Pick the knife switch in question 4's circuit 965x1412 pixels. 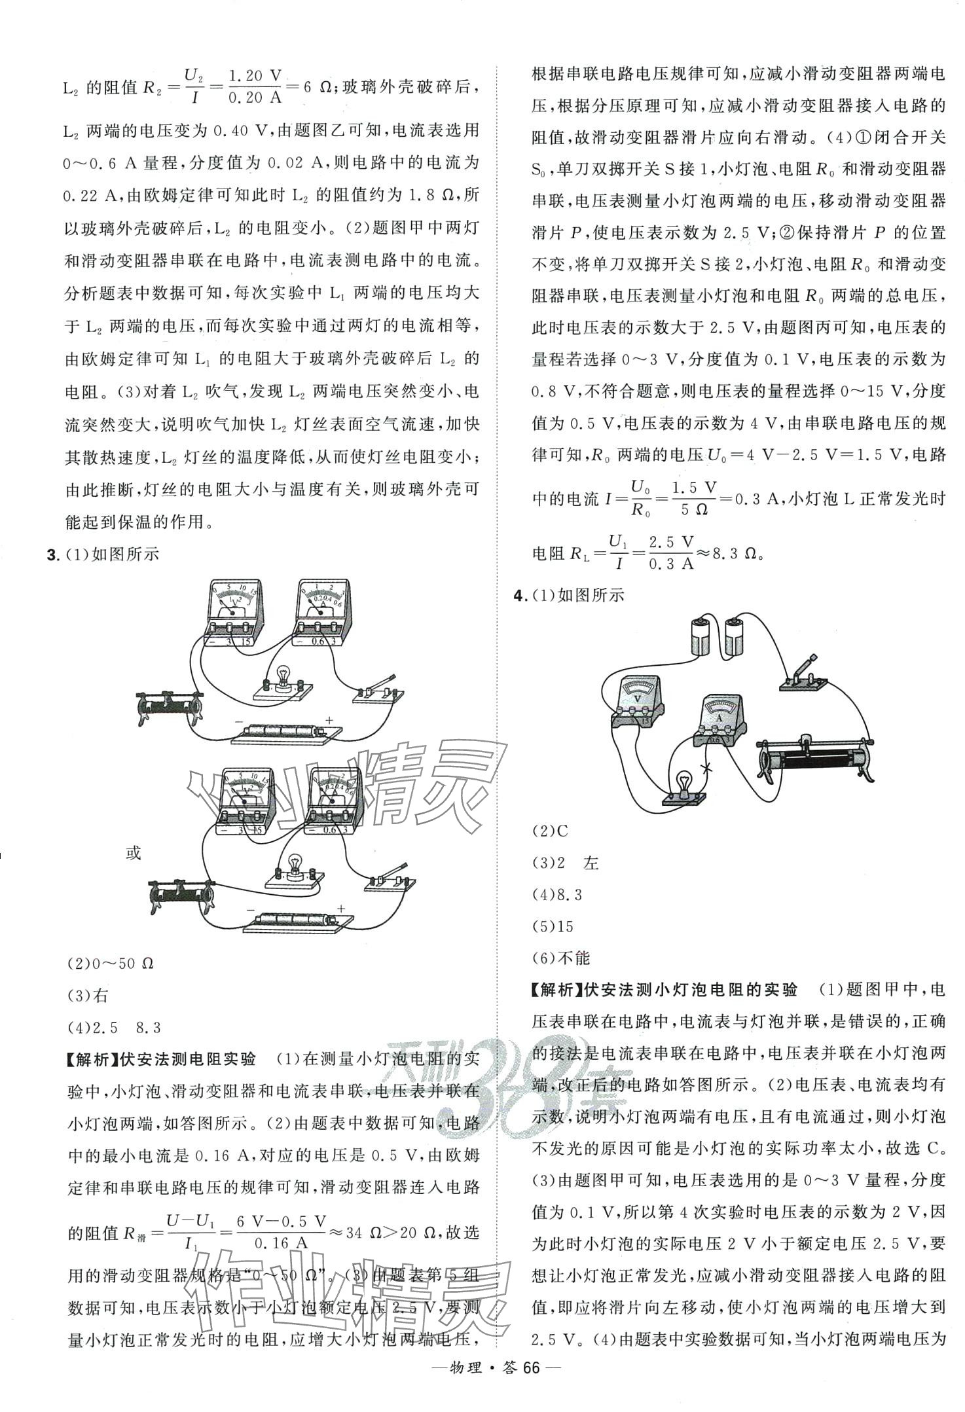tap(803, 676)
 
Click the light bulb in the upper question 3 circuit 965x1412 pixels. tap(283, 678)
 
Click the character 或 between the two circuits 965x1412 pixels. tap(133, 854)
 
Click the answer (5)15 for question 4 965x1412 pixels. tap(553, 926)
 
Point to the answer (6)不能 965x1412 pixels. tap(561, 958)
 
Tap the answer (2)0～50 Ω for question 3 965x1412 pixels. tap(111, 964)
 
